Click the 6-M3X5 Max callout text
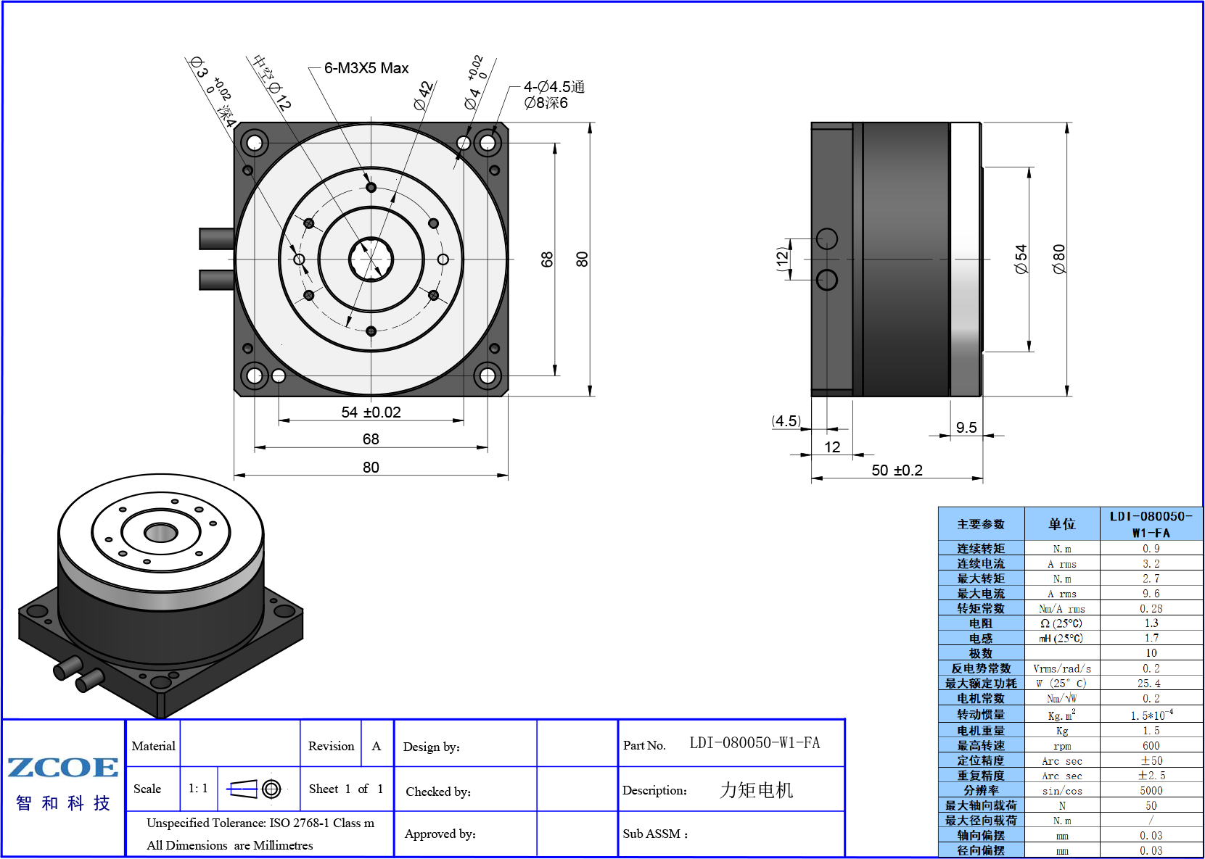pos(366,68)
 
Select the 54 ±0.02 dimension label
pos(371,412)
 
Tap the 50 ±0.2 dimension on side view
pos(897,470)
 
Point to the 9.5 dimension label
pos(966,428)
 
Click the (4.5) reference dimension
pos(786,421)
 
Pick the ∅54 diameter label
pos(1021,259)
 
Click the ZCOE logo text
pos(63,767)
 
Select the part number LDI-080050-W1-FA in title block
pos(754,743)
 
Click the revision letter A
pos(376,746)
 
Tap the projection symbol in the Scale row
pos(254,789)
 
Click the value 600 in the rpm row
pos(1151,746)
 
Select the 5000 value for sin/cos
pos(1151,791)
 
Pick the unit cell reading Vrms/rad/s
pos(1062,668)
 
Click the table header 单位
pos(1062,523)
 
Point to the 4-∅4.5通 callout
pos(554,86)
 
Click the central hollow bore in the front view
pos(371,259)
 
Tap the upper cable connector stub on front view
pos(216,238)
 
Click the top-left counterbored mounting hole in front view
pos(255,144)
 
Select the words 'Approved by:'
pos(440,834)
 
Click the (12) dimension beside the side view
pos(783,259)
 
